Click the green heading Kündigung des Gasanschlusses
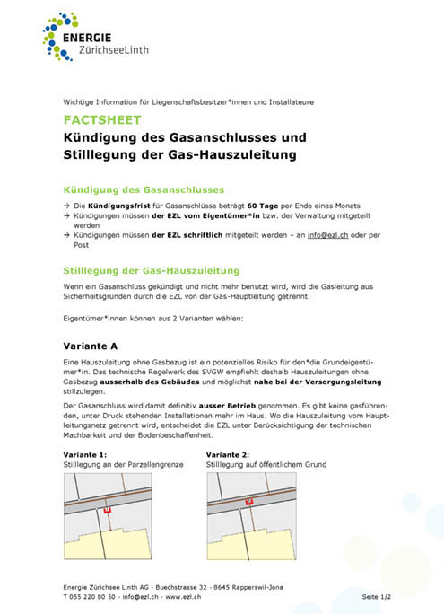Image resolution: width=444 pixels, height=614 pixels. click(x=144, y=189)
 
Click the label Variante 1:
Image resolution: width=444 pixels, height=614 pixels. click(x=85, y=455)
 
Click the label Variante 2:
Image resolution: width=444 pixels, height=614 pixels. click(x=229, y=455)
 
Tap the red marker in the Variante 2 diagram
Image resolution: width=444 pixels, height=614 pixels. click(x=250, y=503)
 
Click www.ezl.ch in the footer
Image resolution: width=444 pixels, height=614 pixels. click(x=184, y=596)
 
